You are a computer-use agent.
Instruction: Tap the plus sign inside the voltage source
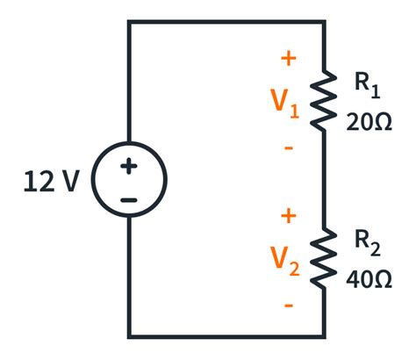pos(129,166)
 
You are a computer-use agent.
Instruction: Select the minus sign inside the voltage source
pos(129,199)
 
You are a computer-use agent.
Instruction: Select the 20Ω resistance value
pos(369,124)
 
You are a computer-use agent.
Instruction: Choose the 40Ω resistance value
pos(369,279)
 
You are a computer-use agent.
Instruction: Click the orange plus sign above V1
pos(288,59)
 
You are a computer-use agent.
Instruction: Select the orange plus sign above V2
pos(288,214)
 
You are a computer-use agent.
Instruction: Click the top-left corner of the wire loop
pos(129,23)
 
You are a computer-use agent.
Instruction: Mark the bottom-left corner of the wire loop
pos(129,335)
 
